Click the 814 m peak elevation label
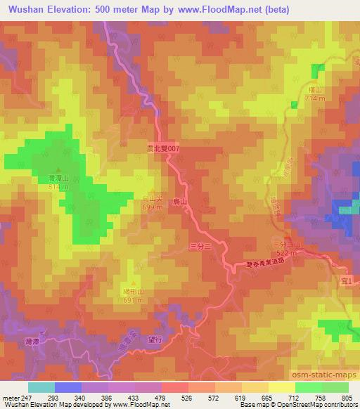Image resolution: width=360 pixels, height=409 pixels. (58, 188)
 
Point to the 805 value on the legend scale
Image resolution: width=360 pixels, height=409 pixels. (347, 398)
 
